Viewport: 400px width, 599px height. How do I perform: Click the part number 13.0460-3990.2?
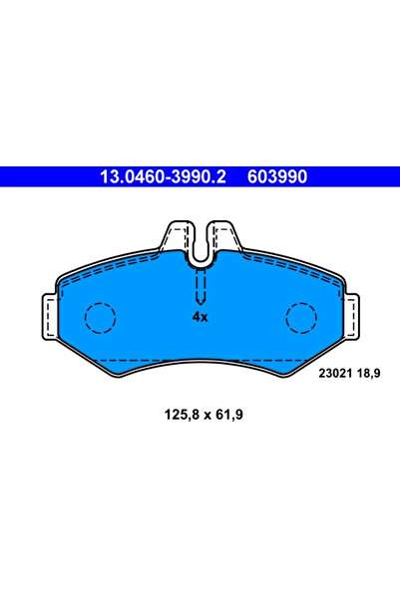click(164, 177)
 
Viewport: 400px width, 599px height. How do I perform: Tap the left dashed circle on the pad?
click(100, 317)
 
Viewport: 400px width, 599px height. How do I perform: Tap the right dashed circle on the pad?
click(301, 317)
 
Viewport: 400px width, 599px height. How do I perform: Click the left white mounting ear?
click(48, 315)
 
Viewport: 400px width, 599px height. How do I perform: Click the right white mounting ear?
click(352, 315)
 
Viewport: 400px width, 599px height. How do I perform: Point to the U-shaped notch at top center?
click(200, 247)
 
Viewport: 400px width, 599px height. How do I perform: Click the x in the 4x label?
click(203, 317)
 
